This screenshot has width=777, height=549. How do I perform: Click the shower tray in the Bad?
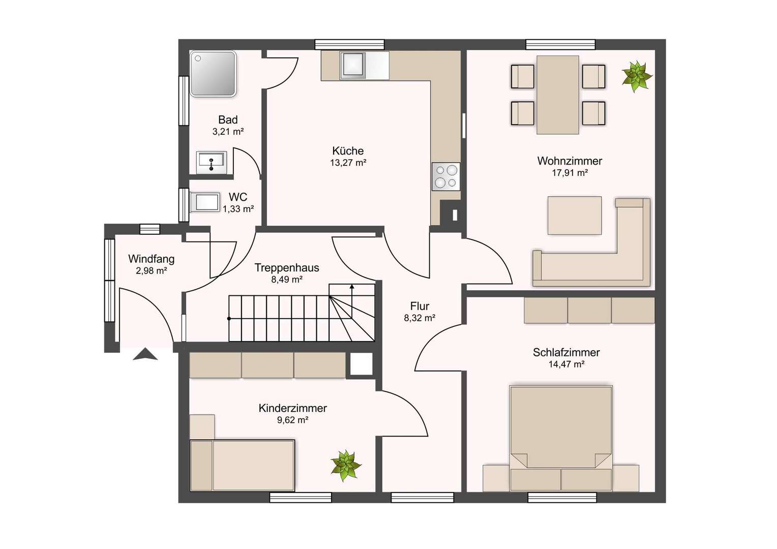tap(213, 74)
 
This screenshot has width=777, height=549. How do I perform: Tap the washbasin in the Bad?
tap(211, 162)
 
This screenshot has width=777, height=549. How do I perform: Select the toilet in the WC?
tap(204, 202)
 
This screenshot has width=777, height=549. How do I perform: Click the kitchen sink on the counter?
tap(353, 65)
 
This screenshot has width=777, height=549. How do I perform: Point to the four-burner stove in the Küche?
tap(446, 176)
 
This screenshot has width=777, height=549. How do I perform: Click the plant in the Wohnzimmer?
tap(637, 76)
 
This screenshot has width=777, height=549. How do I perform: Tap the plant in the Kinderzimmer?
tap(345, 466)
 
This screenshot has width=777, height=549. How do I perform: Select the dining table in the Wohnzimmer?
tap(558, 95)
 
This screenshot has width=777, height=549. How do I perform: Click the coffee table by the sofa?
tap(575, 216)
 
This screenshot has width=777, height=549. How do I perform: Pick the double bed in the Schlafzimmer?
tap(561, 438)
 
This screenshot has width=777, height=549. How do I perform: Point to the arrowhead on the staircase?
tap(352, 287)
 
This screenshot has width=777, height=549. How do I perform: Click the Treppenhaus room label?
tap(286, 268)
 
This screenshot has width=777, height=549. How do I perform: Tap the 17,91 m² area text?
tap(570, 173)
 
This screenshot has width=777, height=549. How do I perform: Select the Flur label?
tap(420, 306)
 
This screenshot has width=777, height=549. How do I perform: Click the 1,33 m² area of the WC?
tap(238, 209)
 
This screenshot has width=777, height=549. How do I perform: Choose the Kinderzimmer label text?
tap(292, 408)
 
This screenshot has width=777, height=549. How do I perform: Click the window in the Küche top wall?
tap(349, 45)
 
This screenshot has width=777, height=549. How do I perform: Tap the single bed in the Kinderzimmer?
tap(242, 466)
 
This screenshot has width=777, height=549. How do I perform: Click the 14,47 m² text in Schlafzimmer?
tap(566, 364)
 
